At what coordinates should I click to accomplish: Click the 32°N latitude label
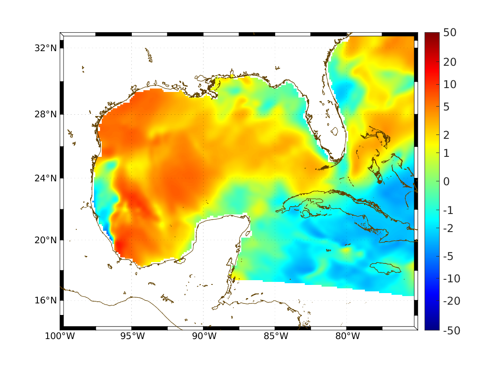[x=46, y=48]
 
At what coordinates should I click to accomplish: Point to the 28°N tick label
[x=46, y=114]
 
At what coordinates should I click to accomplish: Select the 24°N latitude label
[x=46, y=178]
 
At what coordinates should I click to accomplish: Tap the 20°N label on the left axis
[x=46, y=240]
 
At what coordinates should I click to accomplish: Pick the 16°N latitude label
[x=46, y=300]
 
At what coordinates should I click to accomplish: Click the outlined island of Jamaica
[x=385, y=268]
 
